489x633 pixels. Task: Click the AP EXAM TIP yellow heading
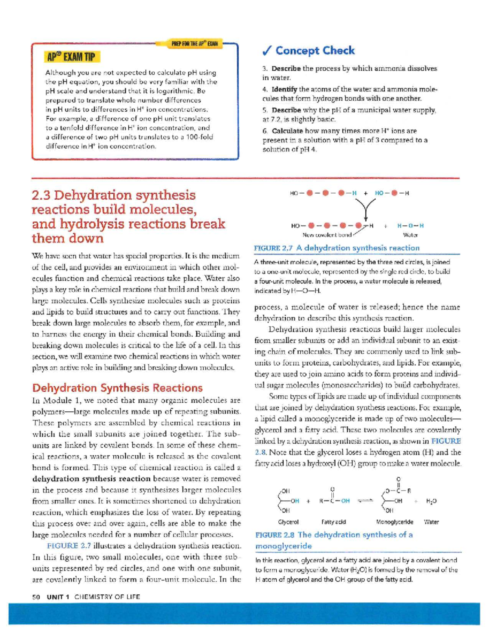point(71,57)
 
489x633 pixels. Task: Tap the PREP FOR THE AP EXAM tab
point(194,44)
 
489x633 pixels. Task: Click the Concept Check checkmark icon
point(267,51)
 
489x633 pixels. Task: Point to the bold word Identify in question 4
point(284,89)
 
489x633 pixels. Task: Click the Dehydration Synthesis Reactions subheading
point(117,388)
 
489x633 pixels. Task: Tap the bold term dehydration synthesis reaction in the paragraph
point(91,479)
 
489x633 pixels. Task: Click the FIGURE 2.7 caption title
point(336,248)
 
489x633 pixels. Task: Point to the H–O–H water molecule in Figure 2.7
point(410,225)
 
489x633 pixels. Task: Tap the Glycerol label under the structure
point(288,522)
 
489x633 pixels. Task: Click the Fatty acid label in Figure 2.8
point(333,522)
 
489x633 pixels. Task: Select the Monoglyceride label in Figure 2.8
point(394,522)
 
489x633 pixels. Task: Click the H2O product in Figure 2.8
point(431,501)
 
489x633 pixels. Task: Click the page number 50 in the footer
point(36,597)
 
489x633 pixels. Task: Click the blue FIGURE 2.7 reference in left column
point(69,545)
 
